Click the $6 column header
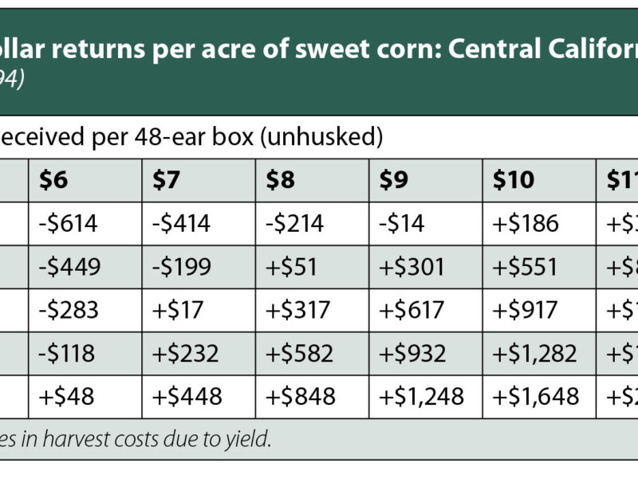coord(54,181)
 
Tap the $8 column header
coord(281,181)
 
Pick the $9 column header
coord(395,181)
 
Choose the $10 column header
coord(513,181)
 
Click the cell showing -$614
coord(69,224)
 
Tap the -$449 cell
coord(70,267)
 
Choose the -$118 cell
coord(68,353)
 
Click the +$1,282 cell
coord(536,353)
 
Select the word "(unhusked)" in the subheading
coord(325,137)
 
